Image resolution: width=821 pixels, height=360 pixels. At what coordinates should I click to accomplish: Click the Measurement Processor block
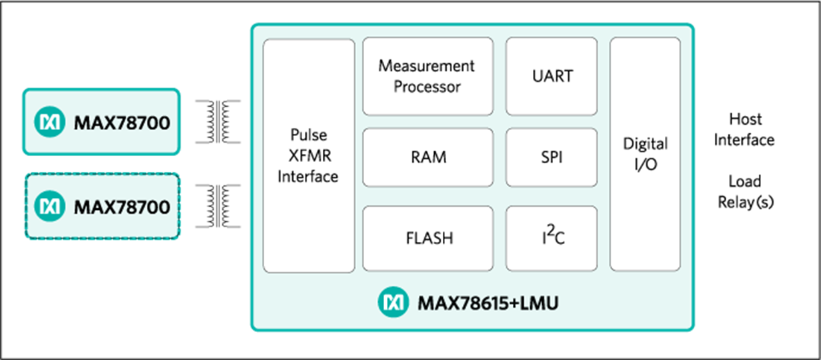[x=428, y=76]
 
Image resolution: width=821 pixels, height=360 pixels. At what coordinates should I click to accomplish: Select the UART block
[x=552, y=76]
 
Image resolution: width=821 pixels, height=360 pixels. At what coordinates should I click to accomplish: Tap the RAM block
[x=428, y=157]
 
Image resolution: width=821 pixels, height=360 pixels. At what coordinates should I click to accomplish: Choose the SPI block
[x=552, y=157]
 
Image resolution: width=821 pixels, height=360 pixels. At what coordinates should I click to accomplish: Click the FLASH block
[x=428, y=238]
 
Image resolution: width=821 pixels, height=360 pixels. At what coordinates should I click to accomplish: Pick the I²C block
[x=552, y=238]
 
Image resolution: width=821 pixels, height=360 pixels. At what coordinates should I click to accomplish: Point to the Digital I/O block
[x=645, y=154]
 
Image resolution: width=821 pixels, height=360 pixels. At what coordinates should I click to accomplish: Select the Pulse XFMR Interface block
[x=308, y=155]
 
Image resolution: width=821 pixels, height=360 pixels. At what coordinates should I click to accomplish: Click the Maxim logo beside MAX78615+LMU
[x=393, y=303]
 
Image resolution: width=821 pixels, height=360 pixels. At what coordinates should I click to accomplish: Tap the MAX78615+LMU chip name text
[x=488, y=304]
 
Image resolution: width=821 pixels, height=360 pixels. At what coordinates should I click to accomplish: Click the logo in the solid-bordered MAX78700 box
[x=50, y=123]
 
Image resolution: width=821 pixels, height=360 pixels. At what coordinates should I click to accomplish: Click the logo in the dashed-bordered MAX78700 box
[x=50, y=206]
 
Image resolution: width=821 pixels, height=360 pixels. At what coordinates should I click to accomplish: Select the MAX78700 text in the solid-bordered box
[x=121, y=123]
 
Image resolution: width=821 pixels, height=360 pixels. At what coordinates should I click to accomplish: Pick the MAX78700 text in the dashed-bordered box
[x=121, y=207]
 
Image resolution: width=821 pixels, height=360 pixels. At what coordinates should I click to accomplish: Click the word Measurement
[x=427, y=66]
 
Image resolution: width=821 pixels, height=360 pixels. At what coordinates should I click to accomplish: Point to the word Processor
[x=427, y=87]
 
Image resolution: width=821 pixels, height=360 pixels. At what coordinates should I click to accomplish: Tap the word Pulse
[x=308, y=135]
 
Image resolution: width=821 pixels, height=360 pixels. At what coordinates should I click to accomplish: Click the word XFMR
[x=308, y=156]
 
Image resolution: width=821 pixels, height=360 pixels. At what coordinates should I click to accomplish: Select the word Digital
[x=645, y=144]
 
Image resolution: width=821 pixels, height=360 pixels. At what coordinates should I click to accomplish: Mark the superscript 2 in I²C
[x=551, y=230]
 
